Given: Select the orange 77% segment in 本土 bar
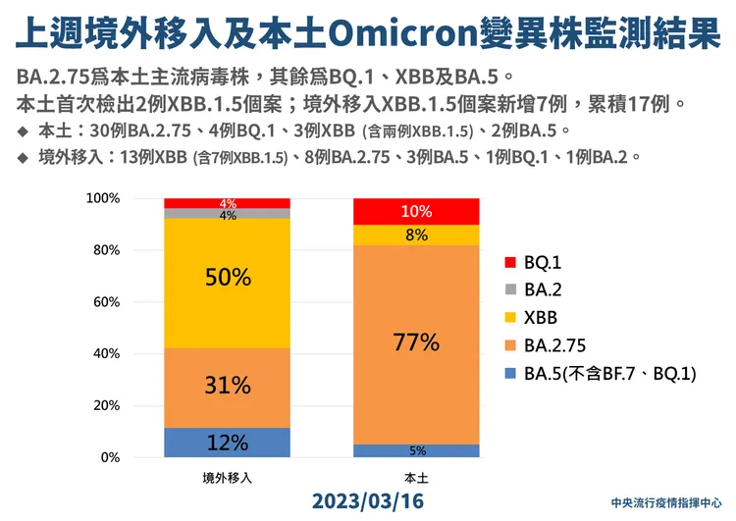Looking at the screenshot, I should [x=416, y=343].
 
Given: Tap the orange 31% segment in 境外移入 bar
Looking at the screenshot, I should [x=227, y=387].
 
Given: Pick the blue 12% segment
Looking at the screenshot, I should [x=227, y=442].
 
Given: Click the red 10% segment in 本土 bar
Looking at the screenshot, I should [x=416, y=211].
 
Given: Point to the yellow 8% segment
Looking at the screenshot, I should [x=416, y=234].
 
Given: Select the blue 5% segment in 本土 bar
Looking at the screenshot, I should [x=416, y=450].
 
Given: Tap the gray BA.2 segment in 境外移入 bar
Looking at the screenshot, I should [x=227, y=213].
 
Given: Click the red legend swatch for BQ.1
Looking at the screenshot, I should [x=509, y=263].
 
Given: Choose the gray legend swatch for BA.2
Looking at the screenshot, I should [x=509, y=290].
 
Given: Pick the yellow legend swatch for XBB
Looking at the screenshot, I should [x=509, y=318].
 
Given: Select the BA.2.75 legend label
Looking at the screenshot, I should [x=556, y=345].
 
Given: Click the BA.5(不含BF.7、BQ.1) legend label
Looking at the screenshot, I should [x=609, y=373].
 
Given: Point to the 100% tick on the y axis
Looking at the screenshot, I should [x=131, y=198].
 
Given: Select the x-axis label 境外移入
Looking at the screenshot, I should [x=227, y=478].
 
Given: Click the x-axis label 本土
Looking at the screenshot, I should [x=416, y=478].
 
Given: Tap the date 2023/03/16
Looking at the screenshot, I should [x=369, y=500].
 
